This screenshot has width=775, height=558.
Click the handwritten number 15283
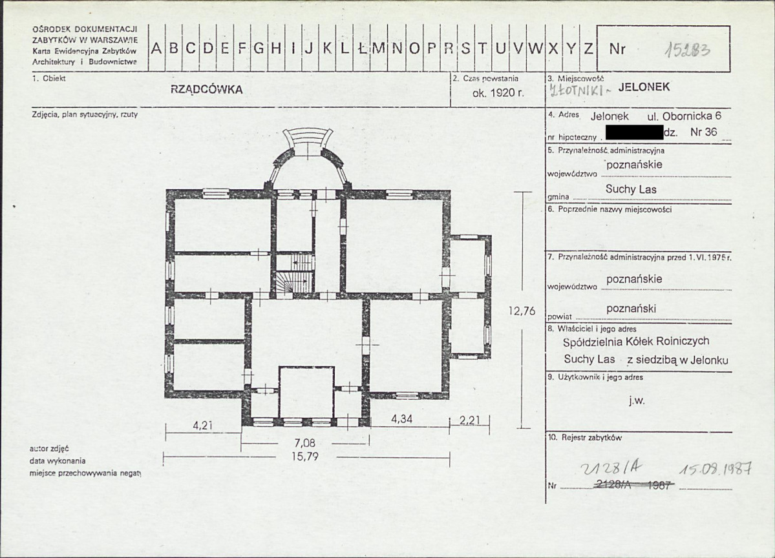[x=687, y=50]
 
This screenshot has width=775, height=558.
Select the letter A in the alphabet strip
[x=156, y=48]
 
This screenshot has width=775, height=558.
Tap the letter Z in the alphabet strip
[x=588, y=48]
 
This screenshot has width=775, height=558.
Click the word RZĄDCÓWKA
[x=207, y=89]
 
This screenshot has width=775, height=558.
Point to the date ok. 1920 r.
[x=498, y=92]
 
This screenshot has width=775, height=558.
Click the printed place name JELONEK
[x=644, y=87]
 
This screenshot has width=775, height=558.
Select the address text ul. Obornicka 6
[x=684, y=116]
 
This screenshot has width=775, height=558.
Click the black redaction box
[x=634, y=132]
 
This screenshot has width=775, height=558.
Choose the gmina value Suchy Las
[x=631, y=189]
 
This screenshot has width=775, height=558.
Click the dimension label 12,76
[x=522, y=311]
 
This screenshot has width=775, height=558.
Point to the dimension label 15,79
[x=305, y=456]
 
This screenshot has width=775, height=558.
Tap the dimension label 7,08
[x=305, y=442]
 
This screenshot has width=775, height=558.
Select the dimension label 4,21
[x=203, y=425]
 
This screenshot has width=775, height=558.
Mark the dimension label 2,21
[x=469, y=420]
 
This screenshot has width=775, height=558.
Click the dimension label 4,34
[x=401, y=418]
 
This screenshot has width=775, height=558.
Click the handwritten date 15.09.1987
[x=716, y=468]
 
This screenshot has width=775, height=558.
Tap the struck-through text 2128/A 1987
[x=634, y=485]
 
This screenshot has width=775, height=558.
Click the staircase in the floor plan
[x=295, y=273]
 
